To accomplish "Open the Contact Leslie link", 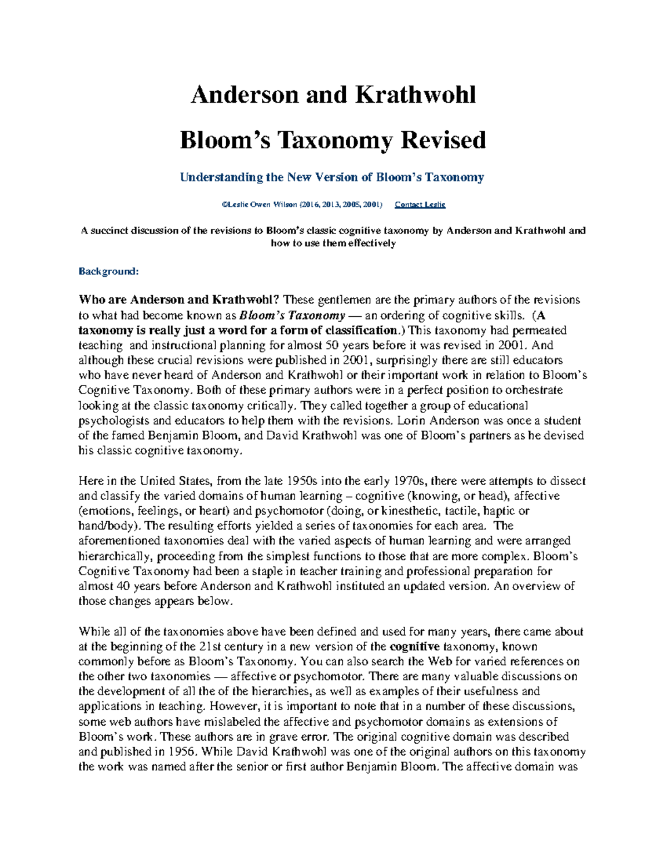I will pyautogui.click(x=420, y=204).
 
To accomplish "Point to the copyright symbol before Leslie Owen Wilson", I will pyautogui.click(x=224, y=204).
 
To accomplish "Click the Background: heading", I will pyautogui.click(x=108, y=271).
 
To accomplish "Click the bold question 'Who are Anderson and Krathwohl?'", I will pyautogui.click(x=180, y=300).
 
